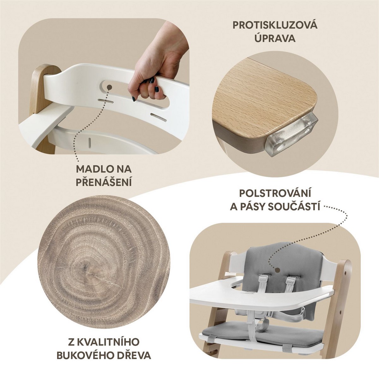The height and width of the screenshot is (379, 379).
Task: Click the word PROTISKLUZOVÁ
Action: coord(275,25)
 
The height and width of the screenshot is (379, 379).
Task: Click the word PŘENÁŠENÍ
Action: coord(104,182)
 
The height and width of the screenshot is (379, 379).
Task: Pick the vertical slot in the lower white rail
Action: coord(89,142)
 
